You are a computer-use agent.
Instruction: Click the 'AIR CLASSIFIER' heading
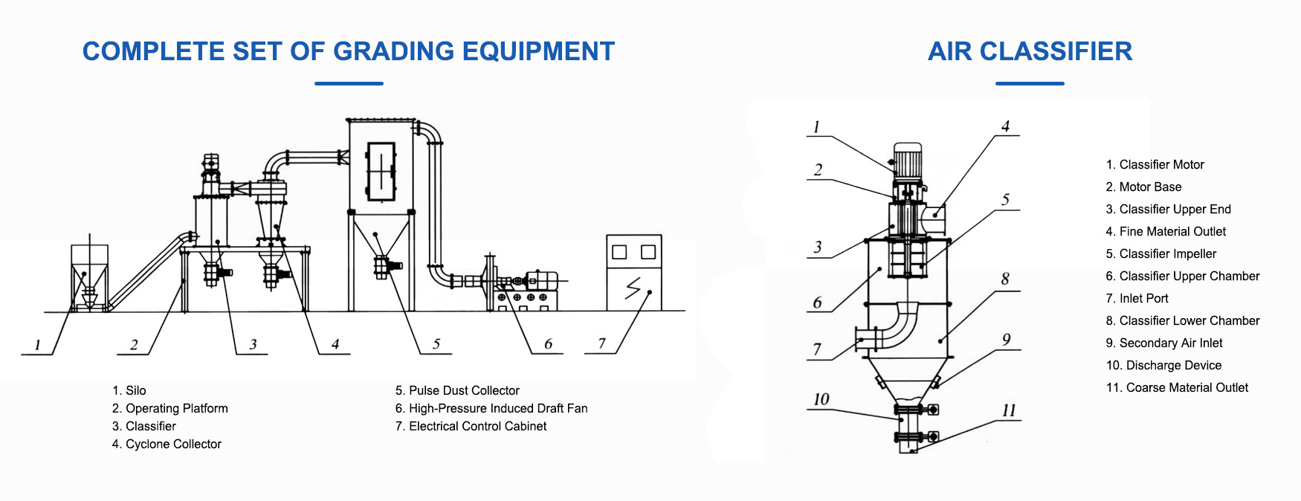[x=1030, y=51]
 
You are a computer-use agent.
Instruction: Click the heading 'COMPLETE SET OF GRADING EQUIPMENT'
[x=349, y=51]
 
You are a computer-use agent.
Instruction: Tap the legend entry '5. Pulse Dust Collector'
[x=457, y=390]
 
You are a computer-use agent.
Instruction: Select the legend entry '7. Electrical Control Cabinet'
[x=471, y=426]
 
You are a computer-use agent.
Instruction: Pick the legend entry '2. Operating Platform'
[x=170, y=408]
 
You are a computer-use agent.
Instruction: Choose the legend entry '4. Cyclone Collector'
[x=167, y=444]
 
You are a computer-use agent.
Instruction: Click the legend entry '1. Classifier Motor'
[x=1155, y=164]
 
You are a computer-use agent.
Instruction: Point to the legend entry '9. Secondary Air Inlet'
[x=1163, y=343]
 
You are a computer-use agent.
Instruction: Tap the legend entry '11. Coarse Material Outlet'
[x=1177, y=387]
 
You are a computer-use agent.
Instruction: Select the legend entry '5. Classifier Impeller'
[x=1160, y=253]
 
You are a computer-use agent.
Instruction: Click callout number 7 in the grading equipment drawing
[x=601, y=343]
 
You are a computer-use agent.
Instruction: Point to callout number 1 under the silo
[x=37, y=345]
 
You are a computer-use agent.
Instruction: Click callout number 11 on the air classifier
[x=1008, y=410]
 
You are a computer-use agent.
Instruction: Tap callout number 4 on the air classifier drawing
[x=1005, y=126]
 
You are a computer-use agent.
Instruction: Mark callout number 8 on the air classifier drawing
[x=1005, y=279]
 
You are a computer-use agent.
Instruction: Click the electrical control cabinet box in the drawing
[x=633, y=273]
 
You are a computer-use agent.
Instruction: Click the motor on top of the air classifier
[x=907, y=159]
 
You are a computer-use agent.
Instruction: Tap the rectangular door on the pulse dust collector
[x=381, y=171]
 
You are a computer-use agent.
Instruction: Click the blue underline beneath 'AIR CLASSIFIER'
[x=1030, y=83]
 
